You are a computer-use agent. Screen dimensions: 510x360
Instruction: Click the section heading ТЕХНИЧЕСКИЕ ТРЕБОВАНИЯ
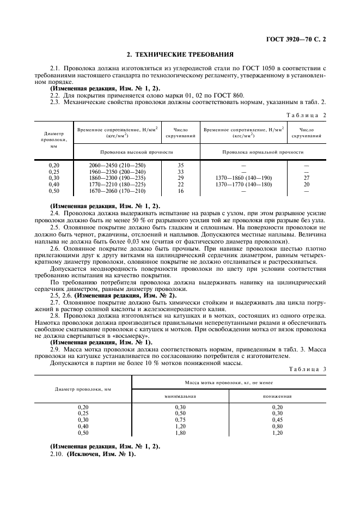coord(180,54)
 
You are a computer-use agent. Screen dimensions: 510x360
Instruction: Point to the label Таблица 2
coord(306,115)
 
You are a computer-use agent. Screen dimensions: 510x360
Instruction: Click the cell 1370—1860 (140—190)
coord(243,178)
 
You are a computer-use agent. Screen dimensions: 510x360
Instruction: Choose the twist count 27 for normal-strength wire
coord(306,178)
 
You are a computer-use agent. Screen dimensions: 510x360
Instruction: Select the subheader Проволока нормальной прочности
coord(263,152)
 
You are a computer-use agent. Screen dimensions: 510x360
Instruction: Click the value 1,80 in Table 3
coord(180,433)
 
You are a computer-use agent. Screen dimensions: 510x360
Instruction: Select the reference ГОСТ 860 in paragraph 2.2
coord(183,94)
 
